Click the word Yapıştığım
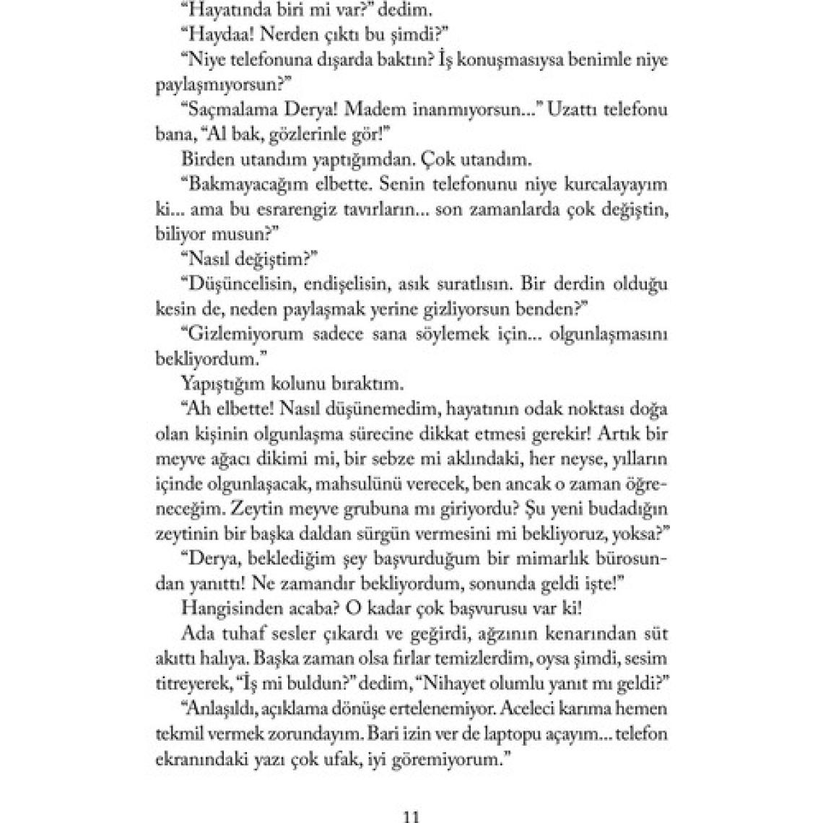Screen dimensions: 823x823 221,382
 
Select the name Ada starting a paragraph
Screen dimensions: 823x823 195,633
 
